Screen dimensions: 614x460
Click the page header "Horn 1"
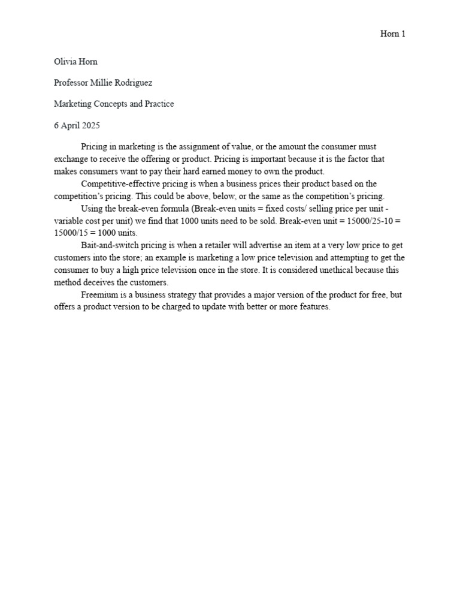tap(393, 34)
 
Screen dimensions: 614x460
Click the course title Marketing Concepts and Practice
tap(114, 104)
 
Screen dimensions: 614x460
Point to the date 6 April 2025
tap(77, 125)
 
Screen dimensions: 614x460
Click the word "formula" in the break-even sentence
tap(170, 208)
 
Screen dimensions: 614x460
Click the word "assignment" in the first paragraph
tap(198, 146)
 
